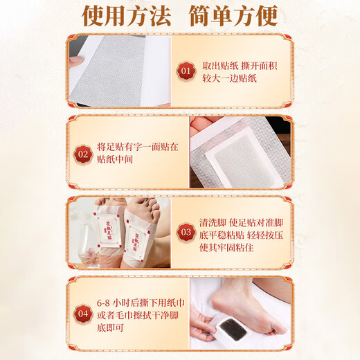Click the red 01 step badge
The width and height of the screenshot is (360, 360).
pyautogui.click(x=185, y=71)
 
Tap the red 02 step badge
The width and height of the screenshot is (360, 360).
pyautogui.click(x=82, y=153)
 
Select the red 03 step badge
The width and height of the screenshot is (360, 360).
pyautogui.click(x=185, y=233)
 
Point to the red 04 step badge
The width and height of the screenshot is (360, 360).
pyautogui.click(x=82, y=313)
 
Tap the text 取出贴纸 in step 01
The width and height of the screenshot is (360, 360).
pyautogui.click(x=222, y=64)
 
